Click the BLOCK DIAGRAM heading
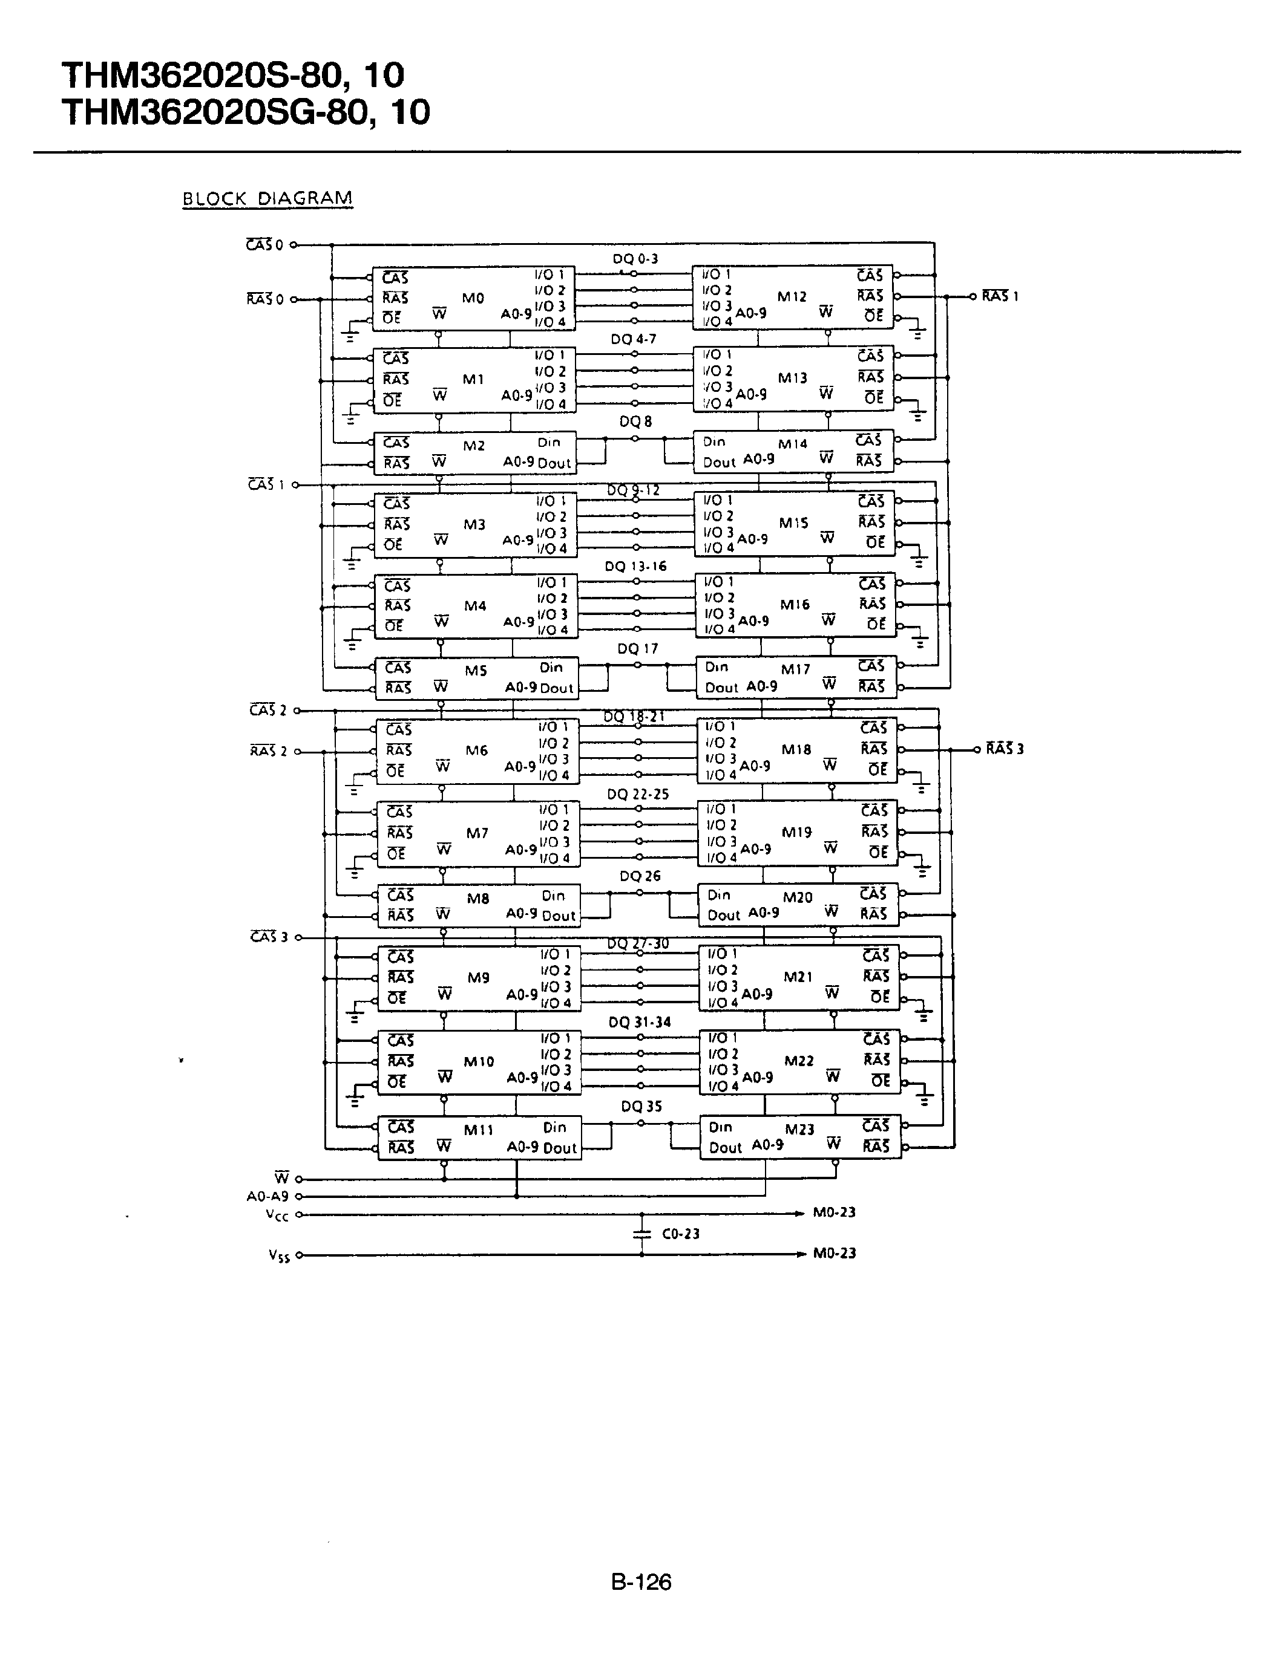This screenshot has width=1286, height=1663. pyautogui.click(x=267, y=199)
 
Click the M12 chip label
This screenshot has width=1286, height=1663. pyautogui.click(x=792, y=296)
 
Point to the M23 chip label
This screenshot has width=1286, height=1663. pyautogui.click(x=800, y=1129)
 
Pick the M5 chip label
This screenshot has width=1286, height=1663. pyautogui.click(x=476, y=670)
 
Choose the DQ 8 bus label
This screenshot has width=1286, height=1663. pyautogui.click(x=635, y=421)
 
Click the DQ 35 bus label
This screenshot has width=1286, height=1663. pyautogui.click(x=641, y=1107)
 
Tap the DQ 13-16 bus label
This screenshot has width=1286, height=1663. pyautogui.click(x=635, y=566)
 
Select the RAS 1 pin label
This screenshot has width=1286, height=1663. pyautogui.click(x=1000, y=296)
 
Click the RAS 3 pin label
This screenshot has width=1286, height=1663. pyautogui.click(x=1004, y=749)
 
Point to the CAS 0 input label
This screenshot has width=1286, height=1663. pyautogui.click(x=265, y=245)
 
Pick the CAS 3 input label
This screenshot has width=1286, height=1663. pyautogui.click(x=269, y=937)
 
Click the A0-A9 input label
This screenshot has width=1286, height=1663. pyautogui.click(x=267, y=1196)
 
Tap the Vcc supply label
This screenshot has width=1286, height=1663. pyautogui.click(x=277, y=1216)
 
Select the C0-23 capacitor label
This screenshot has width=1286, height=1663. pyautogui.click(x=680, y=1234)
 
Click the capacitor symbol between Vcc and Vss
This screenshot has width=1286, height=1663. pyautogui.click(x=641, y=1234)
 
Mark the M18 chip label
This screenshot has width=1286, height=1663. pyautogui.click(x=796, y=749)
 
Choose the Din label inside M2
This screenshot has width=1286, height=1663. pyautogui.click(x=548, y=441)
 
